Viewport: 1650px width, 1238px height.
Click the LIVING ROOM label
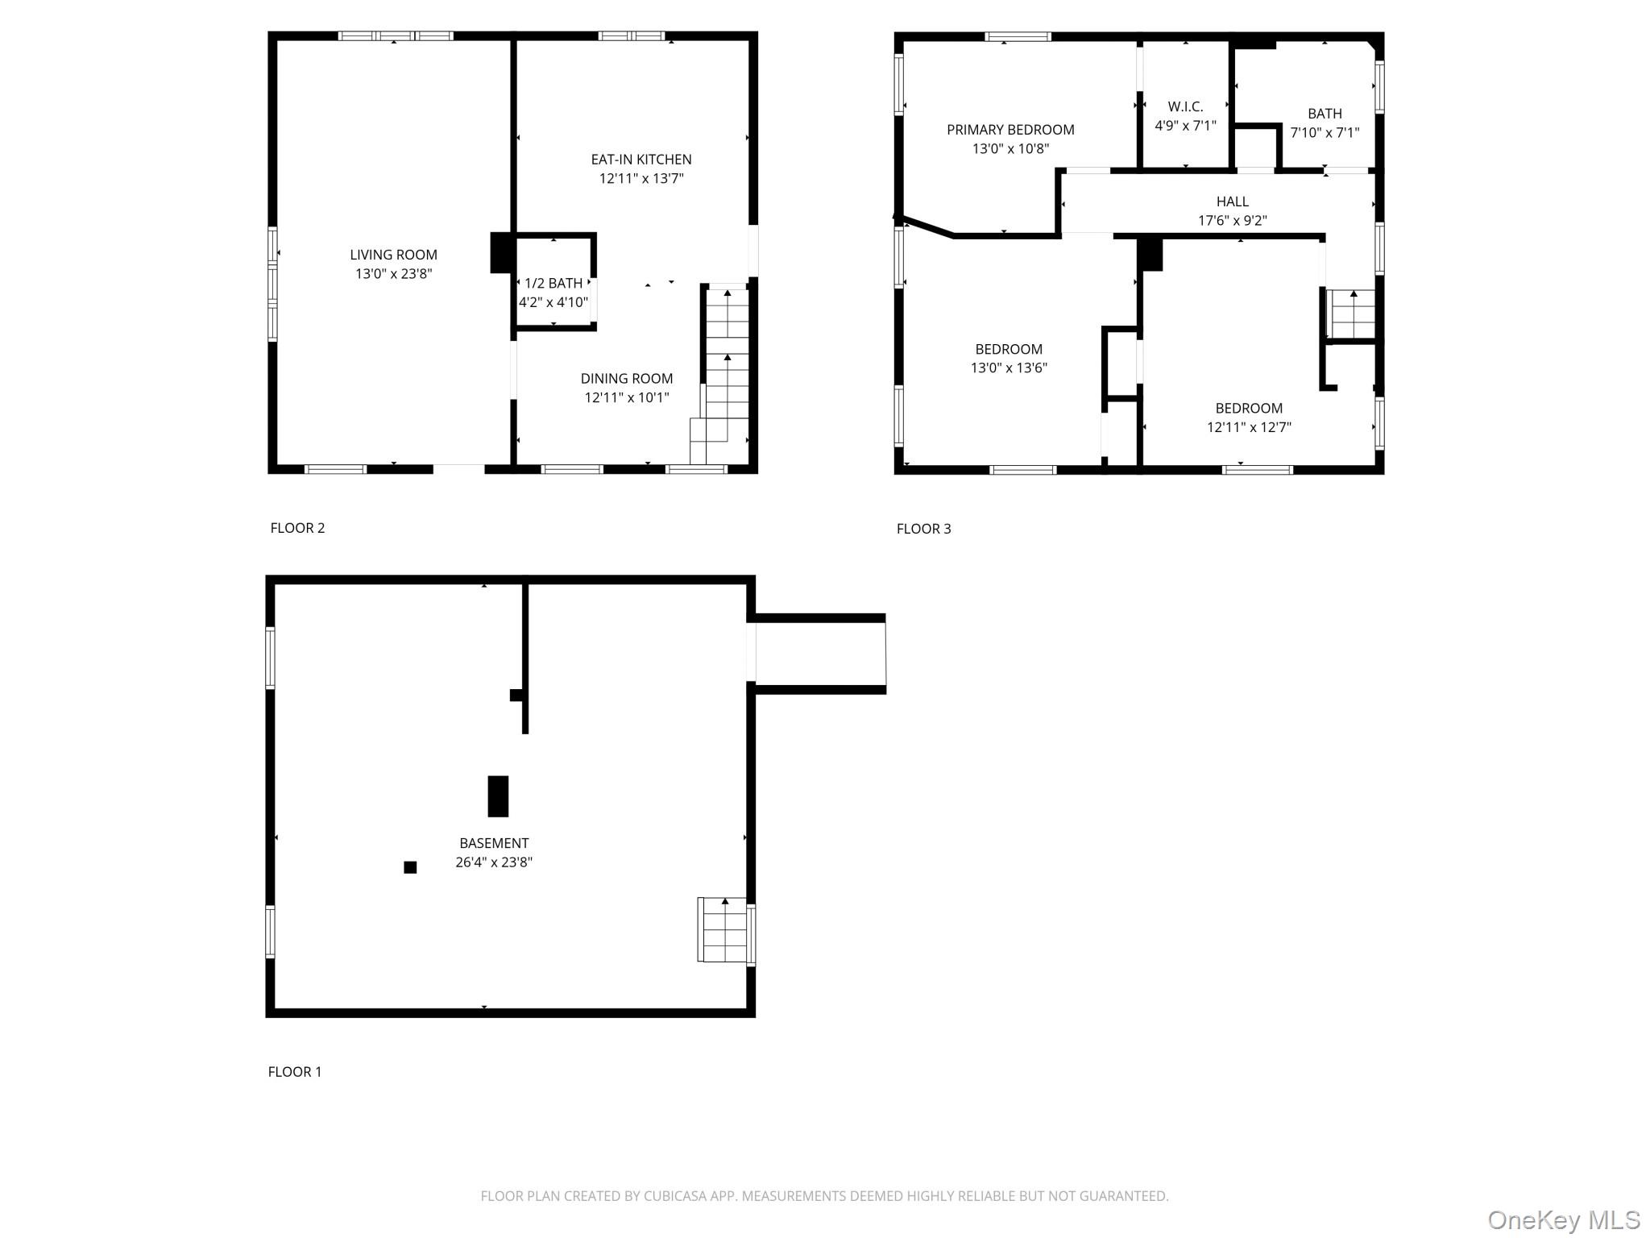[393, 255]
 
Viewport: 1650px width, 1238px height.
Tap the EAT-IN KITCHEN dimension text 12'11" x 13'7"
[641, 179]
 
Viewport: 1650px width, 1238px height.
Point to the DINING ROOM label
[626, 379]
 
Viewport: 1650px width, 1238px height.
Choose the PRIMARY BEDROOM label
[1010, 130]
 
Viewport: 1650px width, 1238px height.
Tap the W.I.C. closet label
[1185, 106]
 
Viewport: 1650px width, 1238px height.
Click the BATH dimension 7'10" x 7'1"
[1325, 133]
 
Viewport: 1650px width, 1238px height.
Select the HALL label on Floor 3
[1232, 201]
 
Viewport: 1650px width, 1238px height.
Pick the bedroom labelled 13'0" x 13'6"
[1009, 359]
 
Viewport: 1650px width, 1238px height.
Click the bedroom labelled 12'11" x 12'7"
[1249, 418]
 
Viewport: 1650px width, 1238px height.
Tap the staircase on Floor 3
[1352, 315]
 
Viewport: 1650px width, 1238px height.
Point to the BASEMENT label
[494, 843]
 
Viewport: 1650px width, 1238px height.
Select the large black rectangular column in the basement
[498, 796]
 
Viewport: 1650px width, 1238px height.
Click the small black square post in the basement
[410, 867]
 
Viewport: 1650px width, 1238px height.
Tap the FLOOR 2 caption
[297, 528]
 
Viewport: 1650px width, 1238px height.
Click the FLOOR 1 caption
[295, 1071]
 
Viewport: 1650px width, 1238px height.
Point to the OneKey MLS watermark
[1564, 1219]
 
